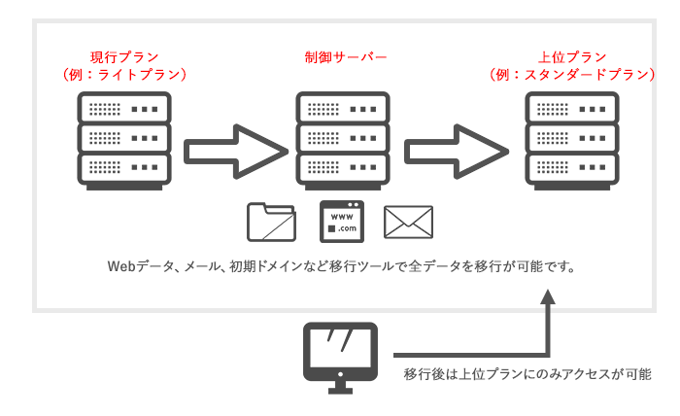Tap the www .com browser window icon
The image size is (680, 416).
[x=341, y=221]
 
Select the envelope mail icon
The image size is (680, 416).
[x=408, y=222]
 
